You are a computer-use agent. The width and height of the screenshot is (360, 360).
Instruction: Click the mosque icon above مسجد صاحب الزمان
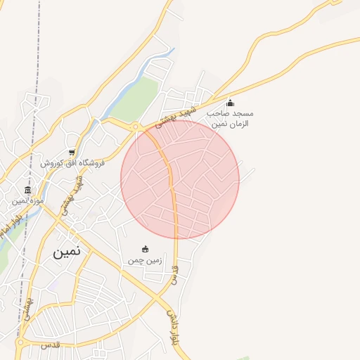230,103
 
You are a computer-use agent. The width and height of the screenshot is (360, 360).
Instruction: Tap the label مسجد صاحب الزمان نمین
230,118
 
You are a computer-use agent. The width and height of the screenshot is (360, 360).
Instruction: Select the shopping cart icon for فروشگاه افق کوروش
72,153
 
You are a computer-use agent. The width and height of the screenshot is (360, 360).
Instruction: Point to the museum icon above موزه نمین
28,191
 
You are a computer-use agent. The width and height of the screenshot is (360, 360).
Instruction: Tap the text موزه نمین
28,201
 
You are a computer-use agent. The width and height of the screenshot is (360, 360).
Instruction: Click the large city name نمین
67,250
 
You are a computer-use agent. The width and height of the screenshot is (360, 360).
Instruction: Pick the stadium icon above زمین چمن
146,249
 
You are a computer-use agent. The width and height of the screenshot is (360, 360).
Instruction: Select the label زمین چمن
145,260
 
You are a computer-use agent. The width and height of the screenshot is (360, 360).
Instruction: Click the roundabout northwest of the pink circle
135,127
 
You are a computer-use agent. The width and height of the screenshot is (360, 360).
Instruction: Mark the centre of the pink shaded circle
180,180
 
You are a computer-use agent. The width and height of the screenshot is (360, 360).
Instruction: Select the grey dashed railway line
32,56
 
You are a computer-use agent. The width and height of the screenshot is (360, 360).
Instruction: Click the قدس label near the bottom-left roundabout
51,346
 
